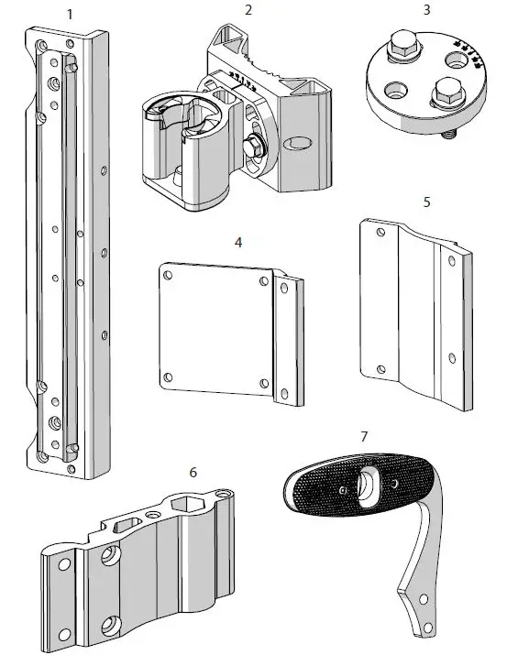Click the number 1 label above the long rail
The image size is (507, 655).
(71, 14)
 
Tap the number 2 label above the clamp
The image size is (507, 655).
(248, 10)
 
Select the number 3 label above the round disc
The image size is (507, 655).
(426, 10)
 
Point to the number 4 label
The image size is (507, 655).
(238, 243)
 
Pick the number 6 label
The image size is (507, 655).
(193, 472)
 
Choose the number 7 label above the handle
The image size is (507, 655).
(364, 436)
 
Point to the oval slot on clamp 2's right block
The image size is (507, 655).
(298, 145)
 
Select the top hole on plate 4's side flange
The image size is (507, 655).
(284, 288)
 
